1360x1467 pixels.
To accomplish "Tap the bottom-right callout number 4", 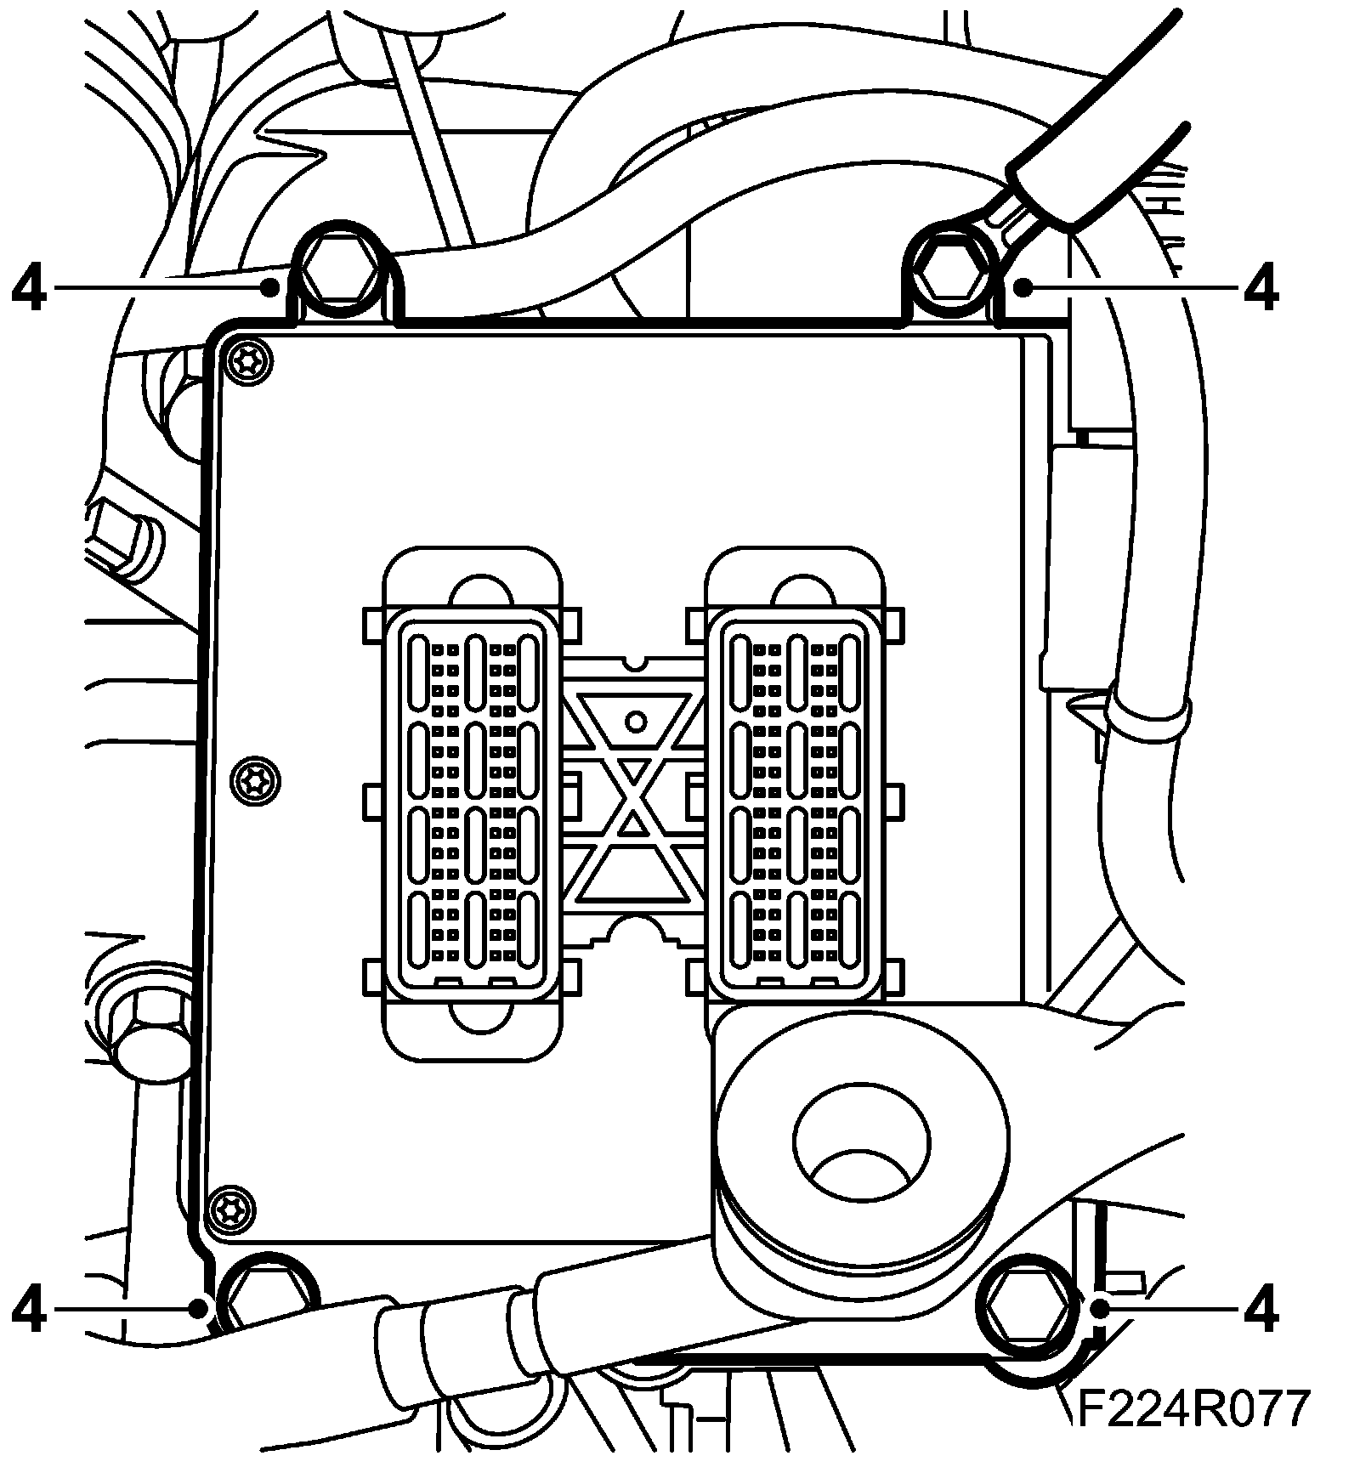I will pyautogui.click(x=1261, y=1310).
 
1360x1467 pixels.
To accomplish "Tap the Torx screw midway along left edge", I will pyautogui.click(x=256, y=780).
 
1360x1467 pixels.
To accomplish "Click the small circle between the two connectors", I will pyautogui.click(x=635, y=722).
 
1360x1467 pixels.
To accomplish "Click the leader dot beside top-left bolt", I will pyautogui.click(x=270, y=289).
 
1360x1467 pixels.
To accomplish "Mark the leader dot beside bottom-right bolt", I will pyautogui.click(x=1099, y=1309).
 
